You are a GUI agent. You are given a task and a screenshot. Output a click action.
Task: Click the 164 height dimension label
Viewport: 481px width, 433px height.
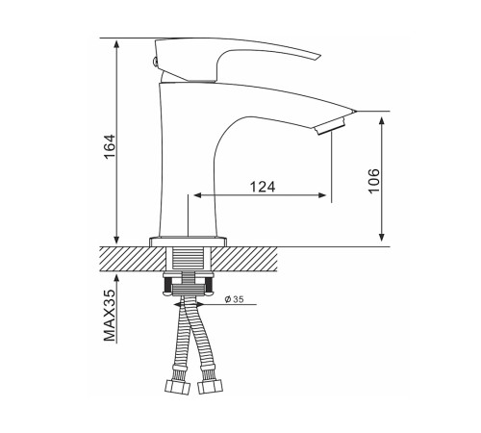click(110, 146)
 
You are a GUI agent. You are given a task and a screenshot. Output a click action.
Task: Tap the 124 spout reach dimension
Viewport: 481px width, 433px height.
click(263, 187)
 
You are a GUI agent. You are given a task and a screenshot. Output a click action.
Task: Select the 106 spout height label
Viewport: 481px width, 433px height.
click(373, 180)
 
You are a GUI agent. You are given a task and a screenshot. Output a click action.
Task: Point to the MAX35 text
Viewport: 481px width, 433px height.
click(110, 316)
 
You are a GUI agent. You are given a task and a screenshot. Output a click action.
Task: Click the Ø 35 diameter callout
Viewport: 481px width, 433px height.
click(235, 299)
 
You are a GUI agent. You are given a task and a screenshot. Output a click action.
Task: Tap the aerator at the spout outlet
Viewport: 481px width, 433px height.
click(331, 127)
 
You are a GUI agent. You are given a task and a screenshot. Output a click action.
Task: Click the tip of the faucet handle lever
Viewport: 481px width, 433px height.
click(320, 56)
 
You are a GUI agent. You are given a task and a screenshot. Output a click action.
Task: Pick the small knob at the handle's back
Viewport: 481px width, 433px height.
click(154, 62)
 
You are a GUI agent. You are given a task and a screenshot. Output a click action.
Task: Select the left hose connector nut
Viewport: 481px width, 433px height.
click(177, 387)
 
